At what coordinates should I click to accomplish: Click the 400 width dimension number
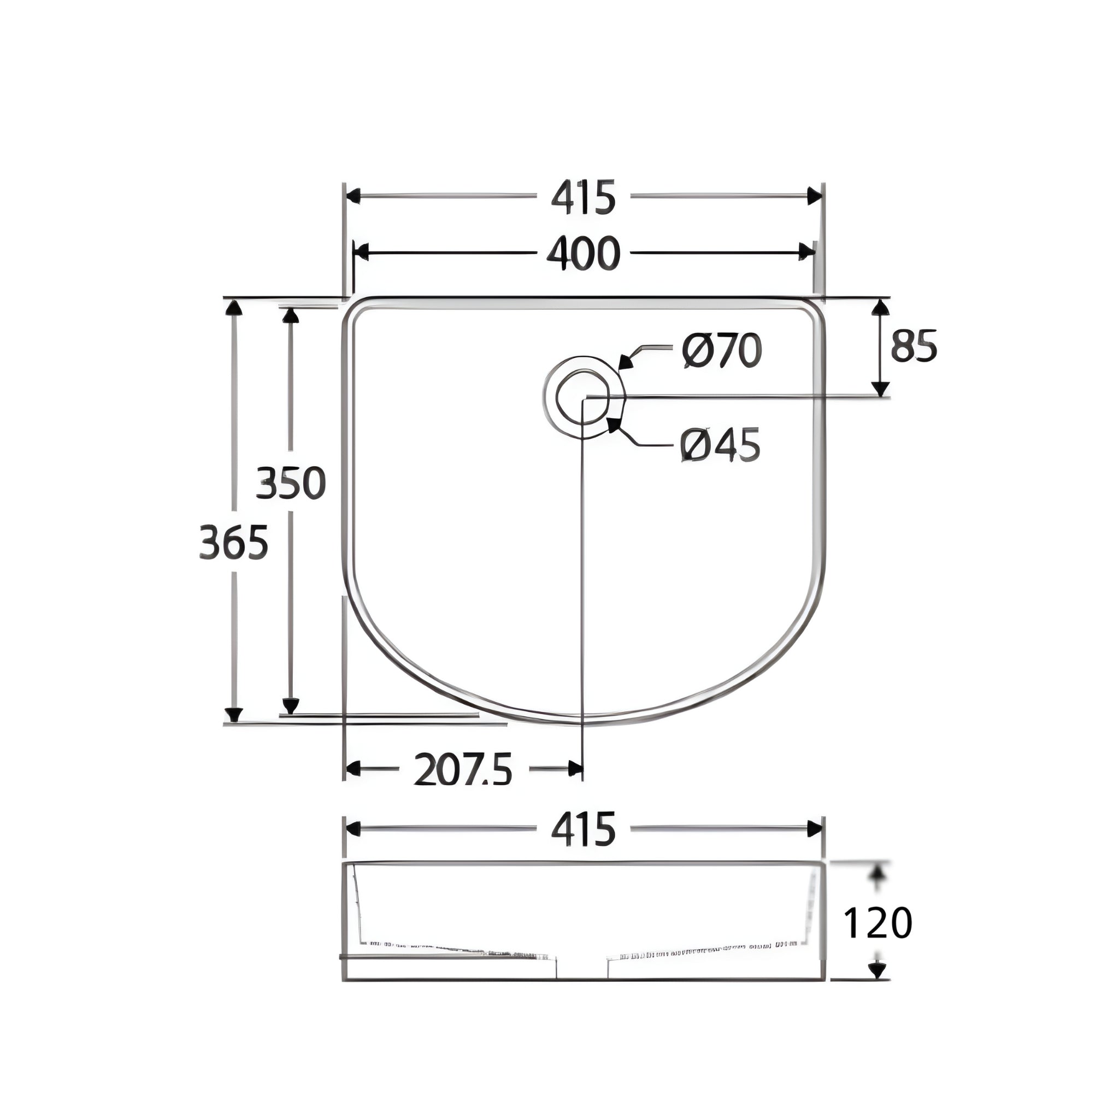[582, 254]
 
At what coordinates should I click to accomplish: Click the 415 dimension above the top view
[582, 197]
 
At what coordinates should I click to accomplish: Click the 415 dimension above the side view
[582, 829]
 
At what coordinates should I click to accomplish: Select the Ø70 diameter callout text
[722, 351]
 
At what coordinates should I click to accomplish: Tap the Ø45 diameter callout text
[720, 445]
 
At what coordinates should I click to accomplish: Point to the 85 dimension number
[914, 346]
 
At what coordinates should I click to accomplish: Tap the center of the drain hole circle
[583, 397]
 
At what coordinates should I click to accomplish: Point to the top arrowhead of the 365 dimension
[233, 308]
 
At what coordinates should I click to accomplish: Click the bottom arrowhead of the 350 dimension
[291, 705]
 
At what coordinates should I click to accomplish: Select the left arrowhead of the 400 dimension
[361, 252]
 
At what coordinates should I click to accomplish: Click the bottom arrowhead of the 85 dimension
[880, 389]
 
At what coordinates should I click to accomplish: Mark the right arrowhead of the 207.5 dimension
[575, 769]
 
